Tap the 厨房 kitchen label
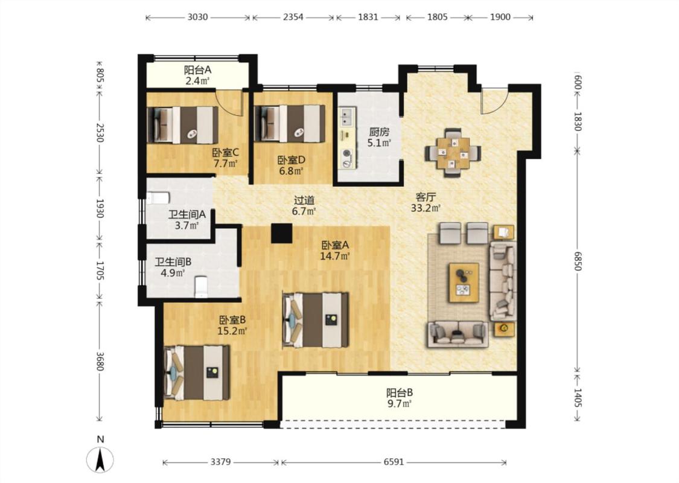[x=379, y=131]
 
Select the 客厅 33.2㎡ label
[x=426, y=202]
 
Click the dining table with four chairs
[x=453, y=153]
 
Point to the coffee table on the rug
[x=464, y=282]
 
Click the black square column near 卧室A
[x=281, y=234]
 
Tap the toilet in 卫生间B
[x=202, y=287]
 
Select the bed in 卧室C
[x=182, y=125]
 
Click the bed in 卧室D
[x=290, y=123]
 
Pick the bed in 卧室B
[x=197, y=373]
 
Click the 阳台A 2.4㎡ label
[x=197, y=75]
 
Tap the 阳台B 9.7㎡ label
[x=400, y=398]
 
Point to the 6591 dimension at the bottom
[x=394, y=462]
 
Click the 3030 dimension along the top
[x=197, y=18]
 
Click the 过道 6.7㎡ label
[x=304, y=206]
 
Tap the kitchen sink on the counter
[x=346, y=116]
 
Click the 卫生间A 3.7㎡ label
[x=186, y=220]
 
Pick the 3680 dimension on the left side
[x=100, y=361]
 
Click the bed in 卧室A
[x=315, y=320]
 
